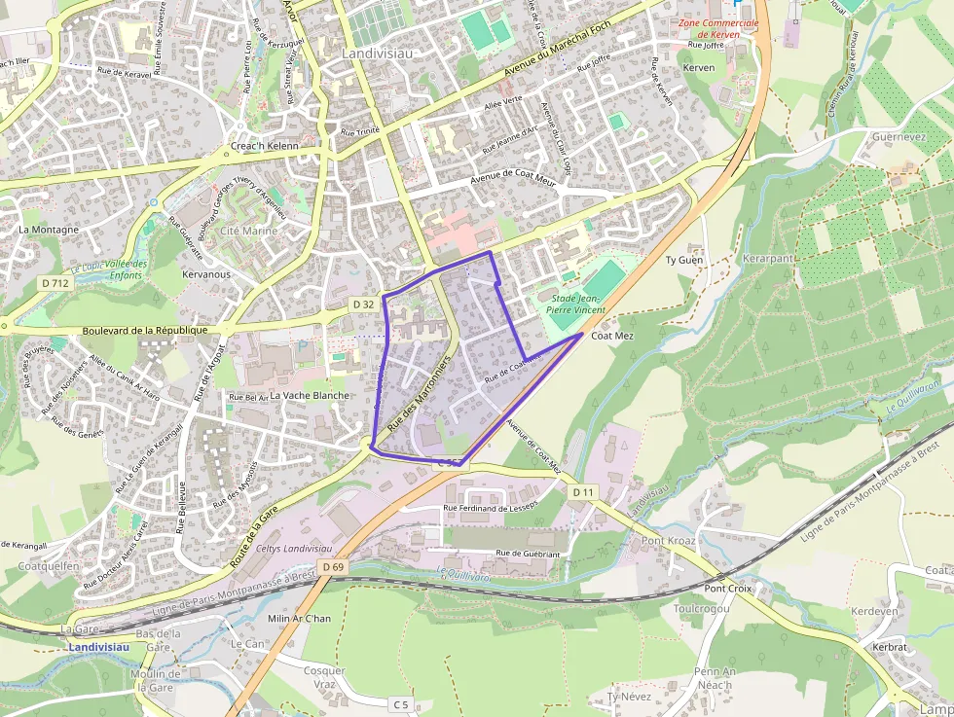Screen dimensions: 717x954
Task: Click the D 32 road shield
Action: (x=363, y=305)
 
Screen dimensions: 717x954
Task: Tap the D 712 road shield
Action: (x=56, y=283)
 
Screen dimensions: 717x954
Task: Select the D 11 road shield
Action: (x=582, y=492)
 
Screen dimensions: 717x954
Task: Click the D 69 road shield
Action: (x=332, y=566)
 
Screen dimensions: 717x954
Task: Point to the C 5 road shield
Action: (x=400, y=703)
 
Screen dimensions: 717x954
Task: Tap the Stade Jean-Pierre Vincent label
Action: (x=577, y=304)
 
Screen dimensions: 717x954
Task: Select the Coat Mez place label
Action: (x=612, y=336)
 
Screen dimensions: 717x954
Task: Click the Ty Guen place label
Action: (x=683, y=260)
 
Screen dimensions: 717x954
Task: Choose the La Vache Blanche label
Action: (x=310, y=396)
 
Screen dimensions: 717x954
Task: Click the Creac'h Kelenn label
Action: (x=263, y=147)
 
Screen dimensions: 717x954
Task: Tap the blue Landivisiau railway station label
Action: (x=99, y=647)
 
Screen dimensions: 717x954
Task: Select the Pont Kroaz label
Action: (x=668, y=540)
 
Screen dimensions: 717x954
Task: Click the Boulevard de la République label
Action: (x=146, y=330)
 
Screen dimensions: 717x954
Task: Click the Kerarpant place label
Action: (x=768, y=259)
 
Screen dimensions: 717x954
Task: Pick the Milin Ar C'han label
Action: (x=299, y=619)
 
